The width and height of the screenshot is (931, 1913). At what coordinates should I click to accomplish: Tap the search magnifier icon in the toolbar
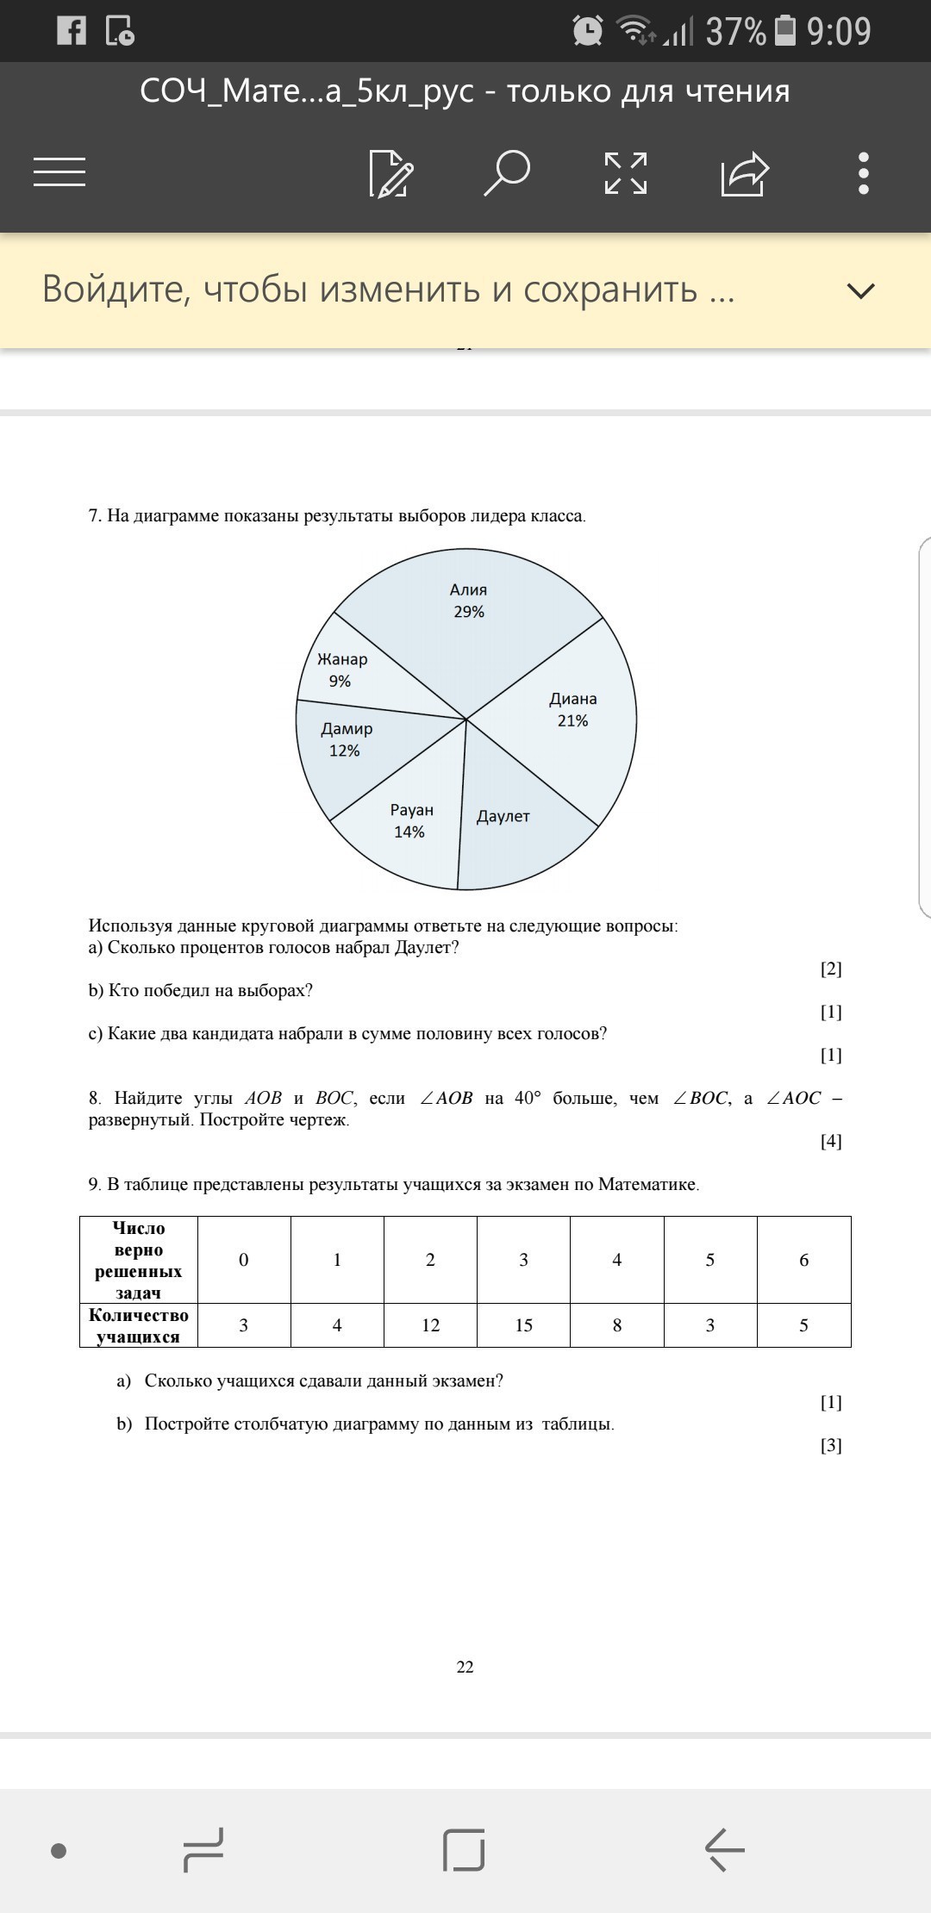coord(507,173)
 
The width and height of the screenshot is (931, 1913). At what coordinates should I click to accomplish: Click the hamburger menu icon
coord(59,171)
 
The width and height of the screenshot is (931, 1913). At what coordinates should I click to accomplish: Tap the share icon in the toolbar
coord(744,173)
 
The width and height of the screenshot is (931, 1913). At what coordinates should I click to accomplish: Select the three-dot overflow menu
coord(864,173)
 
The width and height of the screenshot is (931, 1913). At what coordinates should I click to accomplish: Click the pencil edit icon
coord(391,173)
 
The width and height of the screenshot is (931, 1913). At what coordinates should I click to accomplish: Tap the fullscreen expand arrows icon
coord(626,173)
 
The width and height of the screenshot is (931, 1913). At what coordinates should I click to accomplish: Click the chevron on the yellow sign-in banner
coord(860,290)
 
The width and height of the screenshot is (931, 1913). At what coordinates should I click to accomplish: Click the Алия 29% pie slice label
coord(469,601)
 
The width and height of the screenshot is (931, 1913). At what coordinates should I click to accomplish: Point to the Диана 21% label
coord(573,709)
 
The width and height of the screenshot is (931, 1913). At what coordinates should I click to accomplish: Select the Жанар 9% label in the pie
coord(342,670)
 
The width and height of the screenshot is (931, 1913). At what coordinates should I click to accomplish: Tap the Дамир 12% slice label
coord(347,739)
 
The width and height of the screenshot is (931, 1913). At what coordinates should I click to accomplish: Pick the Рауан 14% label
coord(411,820)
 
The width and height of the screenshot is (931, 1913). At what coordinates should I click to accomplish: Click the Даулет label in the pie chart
coord(503,816)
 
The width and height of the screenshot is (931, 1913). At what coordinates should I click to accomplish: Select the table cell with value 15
coord(523,1325)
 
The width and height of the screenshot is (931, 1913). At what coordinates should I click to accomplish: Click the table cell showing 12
coord(430,1325)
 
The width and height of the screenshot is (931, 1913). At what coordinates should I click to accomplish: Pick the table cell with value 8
coord(617,1325)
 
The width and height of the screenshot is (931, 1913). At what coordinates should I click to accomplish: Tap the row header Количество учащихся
coord(139,1325)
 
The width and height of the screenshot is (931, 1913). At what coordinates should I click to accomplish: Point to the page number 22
coord(465,1667)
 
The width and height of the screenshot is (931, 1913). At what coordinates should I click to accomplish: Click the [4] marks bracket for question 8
coord(831,1141)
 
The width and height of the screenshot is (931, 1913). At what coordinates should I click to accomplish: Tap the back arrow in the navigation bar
coord(724,1849)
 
